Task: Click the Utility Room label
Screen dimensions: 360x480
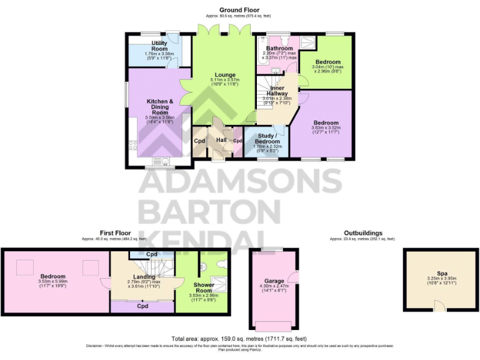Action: pos(159,46)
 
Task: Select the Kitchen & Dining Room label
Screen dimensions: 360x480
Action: pos(160,106)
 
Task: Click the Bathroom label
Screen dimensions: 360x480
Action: pos(279,48)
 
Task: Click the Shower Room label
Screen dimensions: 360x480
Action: pos(202,287)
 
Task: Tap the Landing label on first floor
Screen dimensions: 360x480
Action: pos(143,277)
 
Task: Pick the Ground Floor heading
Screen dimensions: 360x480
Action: pos(239,9)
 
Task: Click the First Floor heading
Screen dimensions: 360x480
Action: pos(115,232)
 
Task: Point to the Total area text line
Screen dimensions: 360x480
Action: pos(239,339)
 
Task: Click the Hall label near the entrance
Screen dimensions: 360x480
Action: pos(221,140)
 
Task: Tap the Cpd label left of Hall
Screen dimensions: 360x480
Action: pos(199,141)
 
